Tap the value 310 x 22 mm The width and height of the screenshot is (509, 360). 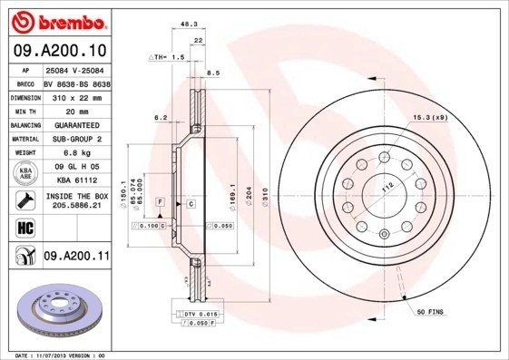76,96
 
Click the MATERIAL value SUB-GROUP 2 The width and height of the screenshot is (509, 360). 76,139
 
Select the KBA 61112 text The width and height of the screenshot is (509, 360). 76,180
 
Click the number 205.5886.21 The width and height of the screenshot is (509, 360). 76,206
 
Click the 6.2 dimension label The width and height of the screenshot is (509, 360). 161,118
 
